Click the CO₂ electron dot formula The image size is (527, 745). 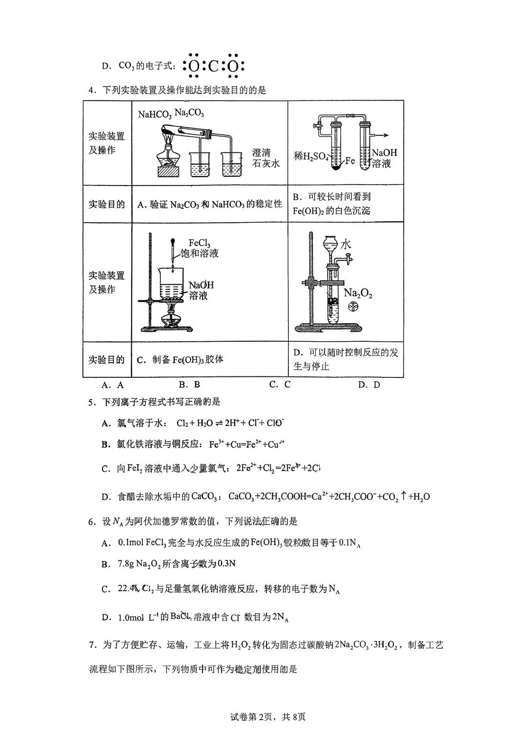point(213,65)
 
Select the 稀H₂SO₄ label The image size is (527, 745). point(311,156)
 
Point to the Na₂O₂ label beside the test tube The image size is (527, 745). point(358,293)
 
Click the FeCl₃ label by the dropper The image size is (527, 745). point(199,243)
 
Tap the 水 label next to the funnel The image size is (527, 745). point(345,244)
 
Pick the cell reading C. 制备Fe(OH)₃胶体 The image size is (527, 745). point(180,360)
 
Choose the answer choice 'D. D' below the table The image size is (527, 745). point(369,384)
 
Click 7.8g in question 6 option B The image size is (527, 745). point(125,564)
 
